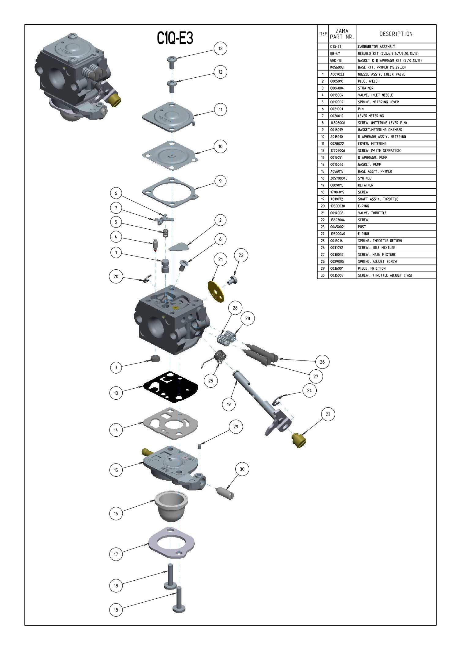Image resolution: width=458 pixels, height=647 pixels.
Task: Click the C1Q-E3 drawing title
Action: click(175, 38)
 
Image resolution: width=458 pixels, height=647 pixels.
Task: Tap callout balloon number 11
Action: click(220, 109)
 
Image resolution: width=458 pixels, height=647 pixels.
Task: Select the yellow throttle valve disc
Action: click(216, 292)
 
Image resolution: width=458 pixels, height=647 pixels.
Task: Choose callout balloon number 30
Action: click(242, 469)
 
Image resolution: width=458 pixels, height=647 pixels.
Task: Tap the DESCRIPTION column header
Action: click(396, 34)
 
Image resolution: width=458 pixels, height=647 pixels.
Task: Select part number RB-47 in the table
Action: click(335, 54)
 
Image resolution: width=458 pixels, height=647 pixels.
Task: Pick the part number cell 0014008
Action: click(337, 213)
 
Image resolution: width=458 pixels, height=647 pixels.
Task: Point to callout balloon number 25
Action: click(210, 381)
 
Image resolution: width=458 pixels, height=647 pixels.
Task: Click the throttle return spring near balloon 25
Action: click(219, 357)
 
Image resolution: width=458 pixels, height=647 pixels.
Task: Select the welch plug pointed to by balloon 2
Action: click(179, 246)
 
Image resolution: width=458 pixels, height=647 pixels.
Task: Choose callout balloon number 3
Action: click(116, 368)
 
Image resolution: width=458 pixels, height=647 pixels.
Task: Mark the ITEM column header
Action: click(323, 34)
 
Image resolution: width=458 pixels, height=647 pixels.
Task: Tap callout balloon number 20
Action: click(116, 276)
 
